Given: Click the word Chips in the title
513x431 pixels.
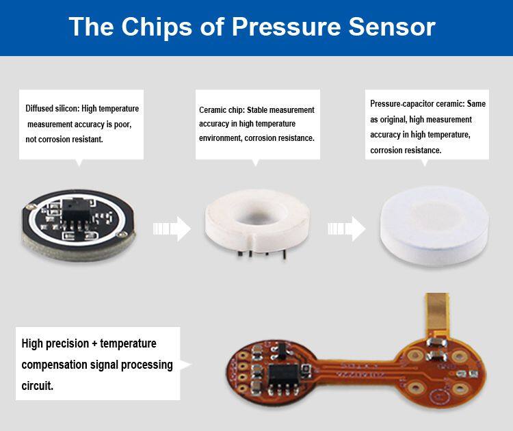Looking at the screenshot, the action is [157, 27].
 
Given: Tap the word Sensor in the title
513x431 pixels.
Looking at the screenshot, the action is [392, 27].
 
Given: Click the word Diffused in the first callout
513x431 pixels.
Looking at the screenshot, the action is [39, 108].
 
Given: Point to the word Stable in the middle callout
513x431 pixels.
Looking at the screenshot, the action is [257, 110].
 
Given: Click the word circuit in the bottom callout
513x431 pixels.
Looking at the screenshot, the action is [37, 386].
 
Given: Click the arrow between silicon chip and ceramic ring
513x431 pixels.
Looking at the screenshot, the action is [172, 228].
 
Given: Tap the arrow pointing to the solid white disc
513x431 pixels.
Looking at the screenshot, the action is [347, 228].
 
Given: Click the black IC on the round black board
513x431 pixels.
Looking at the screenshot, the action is [76, 211].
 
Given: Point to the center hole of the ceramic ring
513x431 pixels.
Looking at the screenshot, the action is [259, 215].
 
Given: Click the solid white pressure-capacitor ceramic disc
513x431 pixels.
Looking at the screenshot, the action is [434, 226].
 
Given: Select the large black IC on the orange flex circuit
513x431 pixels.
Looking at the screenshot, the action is [283, 376].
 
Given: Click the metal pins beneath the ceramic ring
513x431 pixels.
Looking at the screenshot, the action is [262, 254].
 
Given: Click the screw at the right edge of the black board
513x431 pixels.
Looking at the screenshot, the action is [122, 234].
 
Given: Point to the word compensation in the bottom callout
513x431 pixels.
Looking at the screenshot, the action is [53, 365].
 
